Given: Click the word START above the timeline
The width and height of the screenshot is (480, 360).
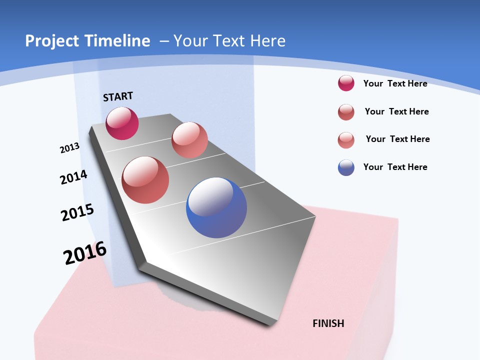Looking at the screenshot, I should tap(118, 96).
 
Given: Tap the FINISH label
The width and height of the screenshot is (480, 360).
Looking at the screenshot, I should tap(328, 323).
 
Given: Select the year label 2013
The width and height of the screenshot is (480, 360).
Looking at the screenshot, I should tap(69, 148).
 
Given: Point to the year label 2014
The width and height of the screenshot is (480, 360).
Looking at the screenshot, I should tap(73, 177).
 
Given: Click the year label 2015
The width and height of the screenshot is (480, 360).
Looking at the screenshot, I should tap(77, 212).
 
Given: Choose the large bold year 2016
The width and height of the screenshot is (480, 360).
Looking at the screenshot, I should tap(85, 253).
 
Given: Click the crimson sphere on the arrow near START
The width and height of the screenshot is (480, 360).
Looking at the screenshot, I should tap(122, 123).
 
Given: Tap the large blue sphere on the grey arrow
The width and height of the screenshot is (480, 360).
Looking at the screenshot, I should tap(216, 207).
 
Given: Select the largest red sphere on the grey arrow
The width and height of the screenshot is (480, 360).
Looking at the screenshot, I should tap(145, 180).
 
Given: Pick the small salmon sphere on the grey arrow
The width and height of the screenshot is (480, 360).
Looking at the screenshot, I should tap(189, 140).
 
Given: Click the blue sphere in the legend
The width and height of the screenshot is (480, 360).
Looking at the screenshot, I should tap(346, 167).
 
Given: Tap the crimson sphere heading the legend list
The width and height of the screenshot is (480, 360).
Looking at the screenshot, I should tap(346, 83).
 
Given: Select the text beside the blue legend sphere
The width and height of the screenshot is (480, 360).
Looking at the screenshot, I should tap(395, 167).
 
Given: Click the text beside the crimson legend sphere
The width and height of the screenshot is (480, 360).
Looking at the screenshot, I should tap(395, 83).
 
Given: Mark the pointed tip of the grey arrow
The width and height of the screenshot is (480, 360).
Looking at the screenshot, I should tap(270, 324).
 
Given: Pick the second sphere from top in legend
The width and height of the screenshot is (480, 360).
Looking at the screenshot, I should tap(346, 112).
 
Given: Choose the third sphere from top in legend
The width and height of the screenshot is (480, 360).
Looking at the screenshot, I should tap(346, 140).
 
